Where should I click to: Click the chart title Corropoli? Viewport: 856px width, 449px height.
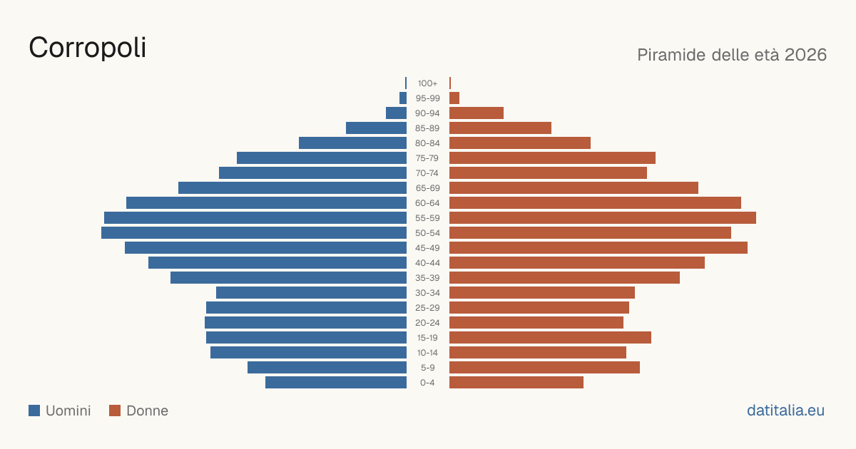(x=88, y=48)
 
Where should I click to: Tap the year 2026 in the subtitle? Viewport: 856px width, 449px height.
(x=805, y=55)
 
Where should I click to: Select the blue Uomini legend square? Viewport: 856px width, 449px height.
(x=34, y=411)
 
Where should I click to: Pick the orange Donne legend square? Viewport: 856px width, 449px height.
(x=115, y=411)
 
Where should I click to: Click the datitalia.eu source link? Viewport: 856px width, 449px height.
(x=785, y=411)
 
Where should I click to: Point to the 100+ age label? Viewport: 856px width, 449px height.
(x=427, y=83)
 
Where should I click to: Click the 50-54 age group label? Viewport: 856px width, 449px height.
(x=427, y=233)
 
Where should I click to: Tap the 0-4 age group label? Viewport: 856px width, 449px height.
(x=427, y=383)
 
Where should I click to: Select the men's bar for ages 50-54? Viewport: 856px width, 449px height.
(x=254, y=233)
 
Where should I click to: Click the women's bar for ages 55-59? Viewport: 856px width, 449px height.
(x=603, y=218)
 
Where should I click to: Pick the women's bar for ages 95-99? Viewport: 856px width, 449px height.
(x=454, y=98)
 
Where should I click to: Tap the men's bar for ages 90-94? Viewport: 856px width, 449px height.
(x=397, y=113)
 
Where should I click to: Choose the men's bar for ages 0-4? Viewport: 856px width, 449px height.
(x=336, y=383)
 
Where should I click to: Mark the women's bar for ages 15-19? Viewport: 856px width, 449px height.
(x=550, y=338)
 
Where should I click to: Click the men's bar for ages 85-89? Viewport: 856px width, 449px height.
(x=377, y=128)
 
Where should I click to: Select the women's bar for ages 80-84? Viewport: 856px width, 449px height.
(x=520, y=143)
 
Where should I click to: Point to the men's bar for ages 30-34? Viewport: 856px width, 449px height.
(x=312, y=293)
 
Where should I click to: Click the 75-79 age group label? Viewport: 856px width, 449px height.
(x=427, y=158)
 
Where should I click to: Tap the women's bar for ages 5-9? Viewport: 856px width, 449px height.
(x=544, y=368)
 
